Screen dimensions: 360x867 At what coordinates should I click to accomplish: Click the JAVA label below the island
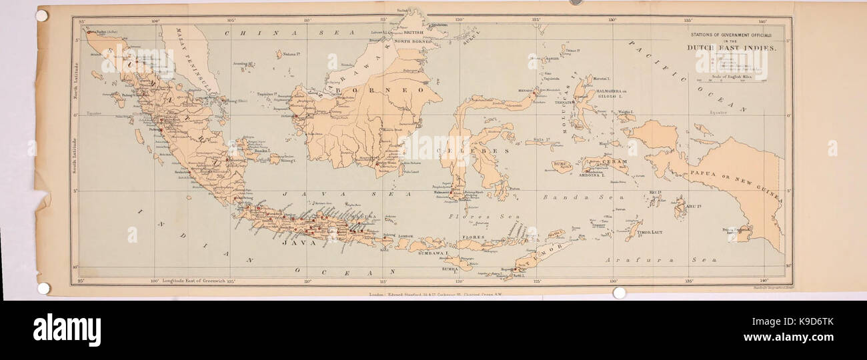(x=299, y=243)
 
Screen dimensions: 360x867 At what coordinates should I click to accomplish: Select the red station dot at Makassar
(x=455, y=195)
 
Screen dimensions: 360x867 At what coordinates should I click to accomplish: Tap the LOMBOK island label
(x=406, y=237)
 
